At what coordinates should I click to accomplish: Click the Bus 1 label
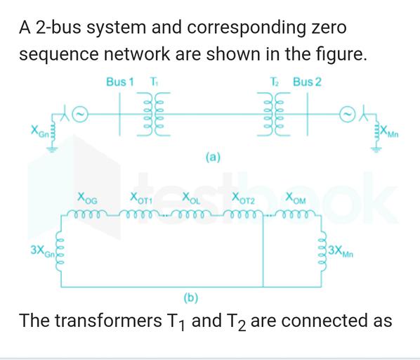coord(120,82)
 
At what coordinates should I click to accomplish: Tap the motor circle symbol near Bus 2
coord(346,112)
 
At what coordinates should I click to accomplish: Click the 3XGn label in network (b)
coord(42,251)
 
